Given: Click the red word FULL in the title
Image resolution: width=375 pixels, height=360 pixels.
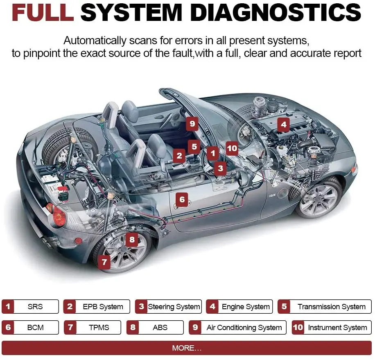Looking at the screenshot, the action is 43,12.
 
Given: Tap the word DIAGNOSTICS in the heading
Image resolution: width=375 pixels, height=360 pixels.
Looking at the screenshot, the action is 276,12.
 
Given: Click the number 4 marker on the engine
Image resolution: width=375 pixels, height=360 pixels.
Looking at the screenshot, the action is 284,125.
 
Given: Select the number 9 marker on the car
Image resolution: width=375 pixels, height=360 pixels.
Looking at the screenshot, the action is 192,124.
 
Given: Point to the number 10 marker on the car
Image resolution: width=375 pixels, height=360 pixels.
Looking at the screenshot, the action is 232,148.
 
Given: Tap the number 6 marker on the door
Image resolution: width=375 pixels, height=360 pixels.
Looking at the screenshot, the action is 182,199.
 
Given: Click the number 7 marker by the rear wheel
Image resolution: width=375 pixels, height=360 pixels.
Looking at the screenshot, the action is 104,262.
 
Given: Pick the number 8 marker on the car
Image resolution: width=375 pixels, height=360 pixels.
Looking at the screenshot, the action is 132,240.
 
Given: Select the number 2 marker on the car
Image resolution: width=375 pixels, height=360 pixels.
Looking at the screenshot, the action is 179,156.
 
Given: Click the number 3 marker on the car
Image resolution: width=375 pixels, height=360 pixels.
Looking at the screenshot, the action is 221,168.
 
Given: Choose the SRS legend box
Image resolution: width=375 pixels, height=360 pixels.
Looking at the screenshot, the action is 30,306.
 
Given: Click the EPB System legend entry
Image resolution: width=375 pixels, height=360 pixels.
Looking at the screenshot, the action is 97,306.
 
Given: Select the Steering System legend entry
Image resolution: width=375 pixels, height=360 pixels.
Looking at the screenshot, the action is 168,306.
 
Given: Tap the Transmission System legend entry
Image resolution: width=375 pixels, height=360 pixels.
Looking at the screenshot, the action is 325,306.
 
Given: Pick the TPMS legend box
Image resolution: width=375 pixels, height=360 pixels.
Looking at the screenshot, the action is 93,327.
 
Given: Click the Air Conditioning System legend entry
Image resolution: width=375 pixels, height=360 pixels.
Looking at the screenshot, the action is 237,327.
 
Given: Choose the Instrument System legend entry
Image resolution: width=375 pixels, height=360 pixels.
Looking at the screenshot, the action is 332,327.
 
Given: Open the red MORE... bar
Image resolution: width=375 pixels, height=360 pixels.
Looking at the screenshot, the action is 187,348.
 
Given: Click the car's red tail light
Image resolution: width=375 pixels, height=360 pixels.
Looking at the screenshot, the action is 57,214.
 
